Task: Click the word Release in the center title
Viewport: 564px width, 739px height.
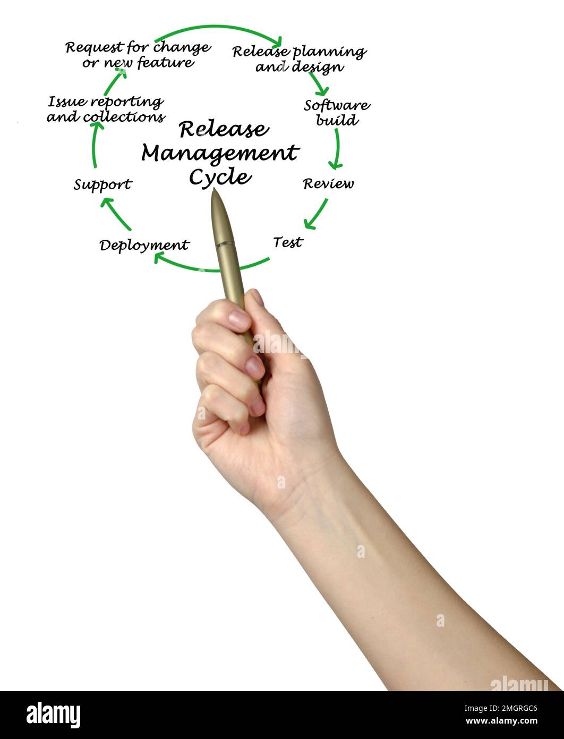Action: click(224, 129)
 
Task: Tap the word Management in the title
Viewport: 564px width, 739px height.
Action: click(220, 153)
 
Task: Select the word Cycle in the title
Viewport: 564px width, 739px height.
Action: click(220, 177)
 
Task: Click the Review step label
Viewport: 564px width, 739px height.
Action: click(328, 184)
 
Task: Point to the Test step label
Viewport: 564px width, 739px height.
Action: click(288, 242)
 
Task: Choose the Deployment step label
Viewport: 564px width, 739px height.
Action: click(144, 245)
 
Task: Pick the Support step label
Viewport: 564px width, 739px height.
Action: click(102, 184)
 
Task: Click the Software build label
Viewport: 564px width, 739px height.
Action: click(337, 112)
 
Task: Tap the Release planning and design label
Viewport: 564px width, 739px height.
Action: click(300, 59)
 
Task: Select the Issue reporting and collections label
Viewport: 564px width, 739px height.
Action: click(106, 109)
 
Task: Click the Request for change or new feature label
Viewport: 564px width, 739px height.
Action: click(138, 55)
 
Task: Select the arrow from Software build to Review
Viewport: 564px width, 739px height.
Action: click(336, 149)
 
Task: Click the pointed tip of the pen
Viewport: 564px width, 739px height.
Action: click(214, 191)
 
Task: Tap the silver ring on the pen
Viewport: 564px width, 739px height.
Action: click(225, 244)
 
